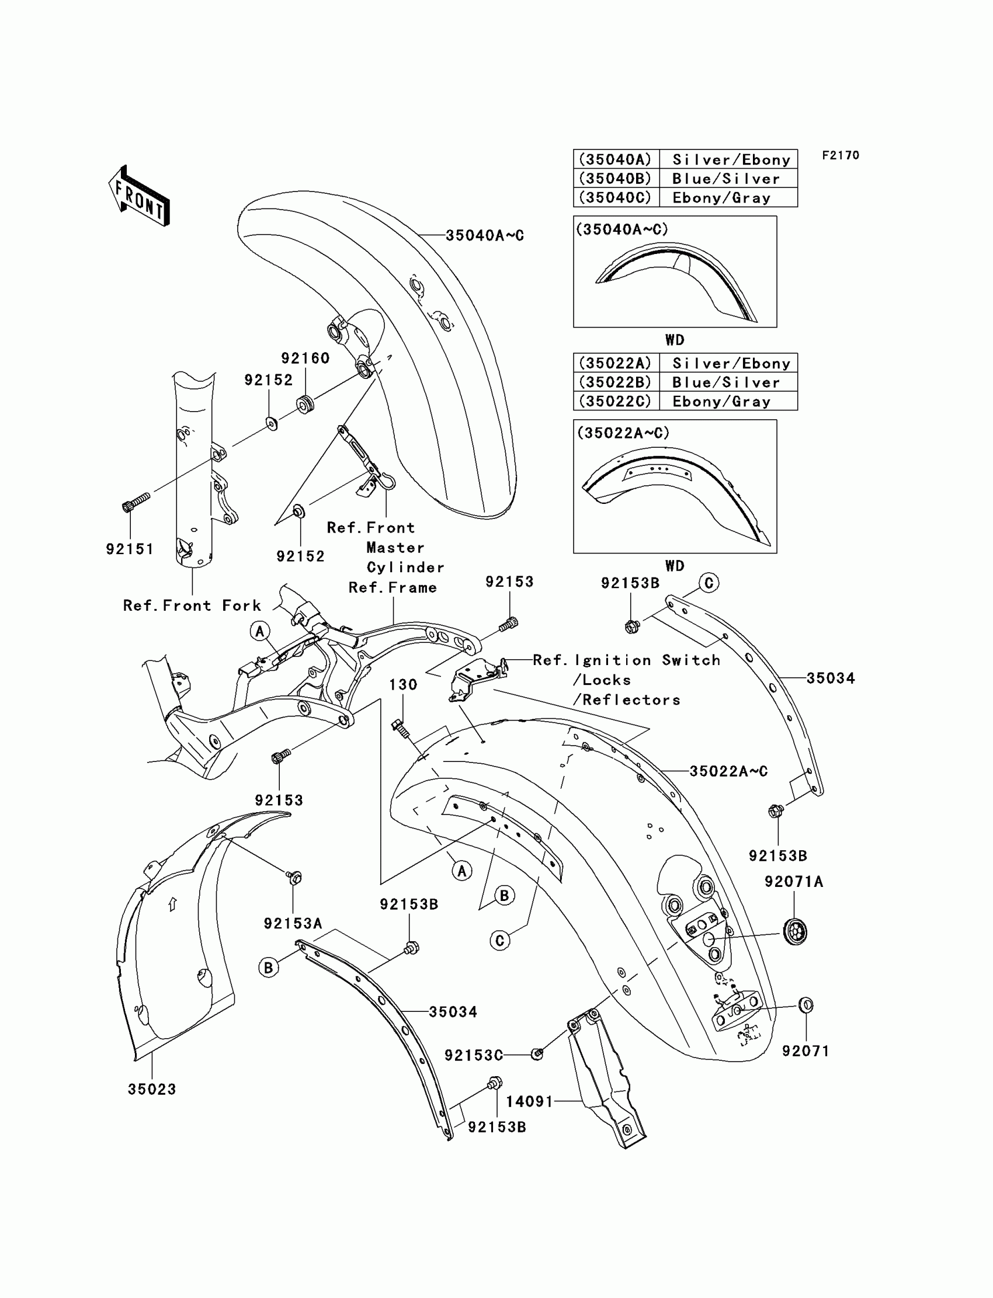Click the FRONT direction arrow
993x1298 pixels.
click(x=140, y=196)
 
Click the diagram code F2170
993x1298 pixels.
click(x=841, y=155)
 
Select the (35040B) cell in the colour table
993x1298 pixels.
click(x=615, y=179)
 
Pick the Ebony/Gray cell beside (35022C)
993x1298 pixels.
click(x=722, y=402)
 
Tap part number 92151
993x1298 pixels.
click(x=130, y=549)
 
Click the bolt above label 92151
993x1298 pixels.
click(x=136, y=503)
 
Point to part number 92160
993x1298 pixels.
click(x=305, y=358)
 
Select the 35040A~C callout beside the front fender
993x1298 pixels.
click(x=485, y=235)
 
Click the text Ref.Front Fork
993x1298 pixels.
click(x=192, y=605)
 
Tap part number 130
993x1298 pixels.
click(x=403, y=685)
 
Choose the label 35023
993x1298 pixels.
click(x=152, y=1089)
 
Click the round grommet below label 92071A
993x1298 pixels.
click(x=794, y=932)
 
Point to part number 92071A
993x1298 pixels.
click(x=794, y=882)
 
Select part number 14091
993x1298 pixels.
click(x=530, y=1101)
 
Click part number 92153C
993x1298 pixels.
click(x=474, y=1055)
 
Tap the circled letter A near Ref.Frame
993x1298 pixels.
click(x=260, y=631)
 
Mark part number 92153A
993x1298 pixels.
click(x=293, y=923)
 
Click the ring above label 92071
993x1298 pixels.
click(x=806, y=1004)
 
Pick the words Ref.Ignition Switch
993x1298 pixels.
click(x=627, y=660)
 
